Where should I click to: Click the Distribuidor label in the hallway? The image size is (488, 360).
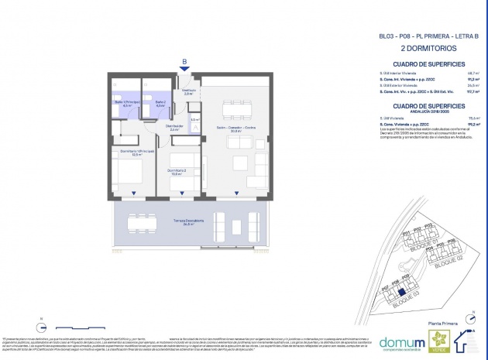click(x=175, y=127)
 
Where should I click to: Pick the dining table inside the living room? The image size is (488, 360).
click(x=235, y=108)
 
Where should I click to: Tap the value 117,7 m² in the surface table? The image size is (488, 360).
click(x=470, y=91)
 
